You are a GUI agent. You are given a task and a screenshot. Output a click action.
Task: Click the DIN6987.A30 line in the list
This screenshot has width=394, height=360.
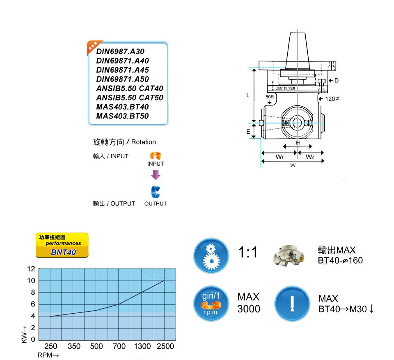(120, 52)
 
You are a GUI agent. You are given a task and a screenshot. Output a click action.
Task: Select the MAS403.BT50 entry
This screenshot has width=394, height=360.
(122, 116)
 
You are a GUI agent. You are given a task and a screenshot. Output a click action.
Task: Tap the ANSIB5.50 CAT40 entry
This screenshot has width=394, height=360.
(130, 89)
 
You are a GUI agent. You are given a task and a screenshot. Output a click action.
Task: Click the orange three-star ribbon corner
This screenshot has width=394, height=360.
(92, 46)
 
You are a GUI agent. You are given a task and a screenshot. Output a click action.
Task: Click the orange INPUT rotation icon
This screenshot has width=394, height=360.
(155, 156)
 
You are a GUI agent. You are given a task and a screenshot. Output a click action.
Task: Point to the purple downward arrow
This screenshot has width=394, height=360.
(155, 175)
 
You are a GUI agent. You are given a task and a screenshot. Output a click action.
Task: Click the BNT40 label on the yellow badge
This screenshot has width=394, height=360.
(64, 252)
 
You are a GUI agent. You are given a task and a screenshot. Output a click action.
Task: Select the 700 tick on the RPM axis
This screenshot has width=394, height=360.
(119, 346)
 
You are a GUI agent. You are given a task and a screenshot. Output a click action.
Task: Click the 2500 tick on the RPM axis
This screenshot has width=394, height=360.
(165, 346)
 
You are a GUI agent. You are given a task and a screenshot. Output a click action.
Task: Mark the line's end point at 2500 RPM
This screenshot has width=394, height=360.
(165, 280)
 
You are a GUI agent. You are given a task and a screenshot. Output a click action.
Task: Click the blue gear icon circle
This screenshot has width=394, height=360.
(211, 256)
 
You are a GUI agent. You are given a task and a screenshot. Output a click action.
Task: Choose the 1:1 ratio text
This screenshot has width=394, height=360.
(248, 253)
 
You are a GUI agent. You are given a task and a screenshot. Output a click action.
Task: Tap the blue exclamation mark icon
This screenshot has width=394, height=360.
(292, 304)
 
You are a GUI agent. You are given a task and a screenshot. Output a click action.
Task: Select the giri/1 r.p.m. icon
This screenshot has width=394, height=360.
(211, 304)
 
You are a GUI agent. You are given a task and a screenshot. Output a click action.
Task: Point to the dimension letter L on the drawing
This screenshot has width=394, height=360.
(248, 96)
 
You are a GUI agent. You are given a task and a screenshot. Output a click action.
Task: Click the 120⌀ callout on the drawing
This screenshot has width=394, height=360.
(332, 99)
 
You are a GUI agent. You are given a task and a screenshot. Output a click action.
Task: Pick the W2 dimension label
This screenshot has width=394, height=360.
(310, 157)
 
